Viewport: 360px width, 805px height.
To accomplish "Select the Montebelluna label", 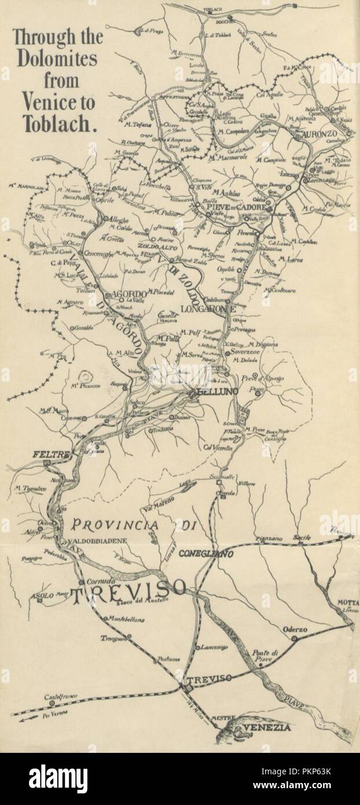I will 126,620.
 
